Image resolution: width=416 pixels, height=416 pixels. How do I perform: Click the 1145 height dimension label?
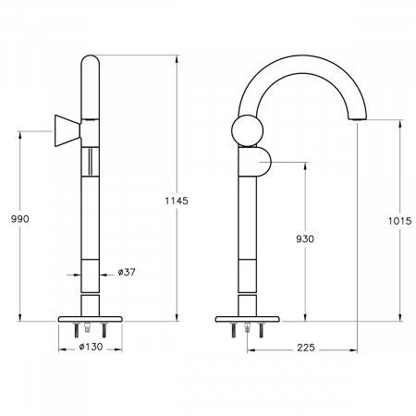(x=177, y=201)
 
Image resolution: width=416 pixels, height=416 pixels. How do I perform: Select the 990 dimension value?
(x=20, y=219)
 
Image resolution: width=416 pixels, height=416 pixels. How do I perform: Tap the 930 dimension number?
(x=305, y=239)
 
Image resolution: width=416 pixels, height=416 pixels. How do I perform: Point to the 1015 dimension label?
(x=399, y=221)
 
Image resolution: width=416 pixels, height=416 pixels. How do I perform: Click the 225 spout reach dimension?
(x=306, y=348)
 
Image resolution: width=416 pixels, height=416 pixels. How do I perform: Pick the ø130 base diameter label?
(x=91, y=347)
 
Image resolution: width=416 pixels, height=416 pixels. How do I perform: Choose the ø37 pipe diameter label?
(x=127, y=272)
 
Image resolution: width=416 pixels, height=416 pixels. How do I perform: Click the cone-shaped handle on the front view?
(x=67, y=131)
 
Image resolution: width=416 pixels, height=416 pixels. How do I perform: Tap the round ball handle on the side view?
(x=247, y=130)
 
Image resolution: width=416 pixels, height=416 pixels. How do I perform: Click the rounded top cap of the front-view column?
(x=90, y=61)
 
